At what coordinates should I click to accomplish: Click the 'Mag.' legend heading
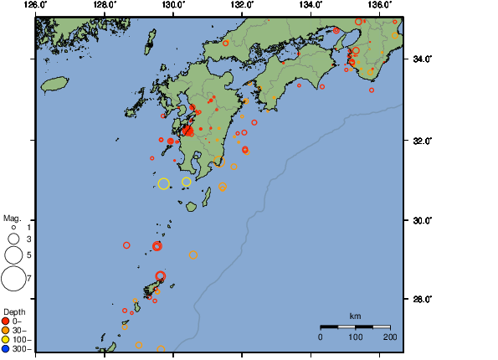[x=12, y=217]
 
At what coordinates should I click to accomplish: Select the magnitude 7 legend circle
[x=13, y=277]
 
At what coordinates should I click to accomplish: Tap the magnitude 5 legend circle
[x=13, y=255]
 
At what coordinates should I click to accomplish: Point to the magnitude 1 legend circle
[x=13, y=227]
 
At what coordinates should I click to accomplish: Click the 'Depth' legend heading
[x=14, y=312]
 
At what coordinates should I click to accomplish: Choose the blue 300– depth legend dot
[x=6, y=348]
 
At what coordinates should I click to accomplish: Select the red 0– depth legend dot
[x=6, y=321]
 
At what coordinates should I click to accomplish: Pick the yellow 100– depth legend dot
[x=6, y=339]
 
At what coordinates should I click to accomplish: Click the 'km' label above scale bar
[x=355, y=316]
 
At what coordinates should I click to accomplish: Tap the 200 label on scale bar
[x=390, y=337]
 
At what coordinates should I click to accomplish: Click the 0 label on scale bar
[x=321, y=337]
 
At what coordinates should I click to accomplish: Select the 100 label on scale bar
[x=355, y=337]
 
